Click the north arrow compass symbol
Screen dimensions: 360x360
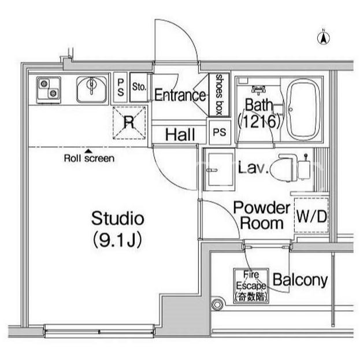click(x=324, y=38)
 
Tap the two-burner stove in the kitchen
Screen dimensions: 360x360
click(x=49, y=90)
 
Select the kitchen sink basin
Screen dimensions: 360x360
click(x=92, y=90)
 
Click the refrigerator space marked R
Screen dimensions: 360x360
click(x=129, y=123)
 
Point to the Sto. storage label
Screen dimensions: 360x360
click(x=139, y=87)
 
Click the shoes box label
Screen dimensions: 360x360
click(x=219, y=95)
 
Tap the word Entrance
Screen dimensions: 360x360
click(x=180, y=95)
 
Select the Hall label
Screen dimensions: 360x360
click(x=180, y=135)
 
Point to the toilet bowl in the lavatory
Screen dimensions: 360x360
click(x=283, y=168)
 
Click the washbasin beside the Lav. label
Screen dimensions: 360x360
click(x=219, y=169)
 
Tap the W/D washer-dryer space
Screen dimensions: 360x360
click(x=311, y=216)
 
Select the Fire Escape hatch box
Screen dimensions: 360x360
click(x=251, y=286)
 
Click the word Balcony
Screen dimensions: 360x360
click(x=300, y=281)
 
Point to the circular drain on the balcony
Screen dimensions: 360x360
click(x=217, y=305)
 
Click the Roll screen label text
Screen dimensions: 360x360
click(x=89, y=158)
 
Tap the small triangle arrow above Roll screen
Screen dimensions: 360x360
click(x=88, y=151)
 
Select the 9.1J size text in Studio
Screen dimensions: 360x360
click(x=117, y=240)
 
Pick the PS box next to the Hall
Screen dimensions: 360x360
click(x=220, y=132)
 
